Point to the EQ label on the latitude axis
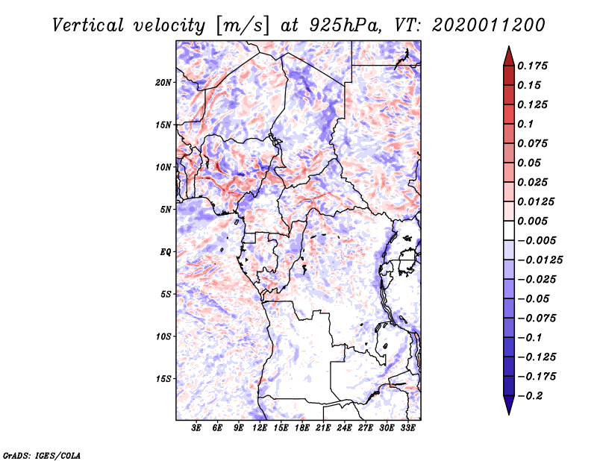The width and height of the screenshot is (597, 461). point(165,252)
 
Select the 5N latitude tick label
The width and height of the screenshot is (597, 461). point(166,210)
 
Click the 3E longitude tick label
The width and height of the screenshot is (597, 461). point(197,428)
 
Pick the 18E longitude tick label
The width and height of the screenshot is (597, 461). point(302,428)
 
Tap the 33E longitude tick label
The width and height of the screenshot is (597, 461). point(407,428)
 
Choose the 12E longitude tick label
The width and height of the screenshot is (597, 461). point(260,428)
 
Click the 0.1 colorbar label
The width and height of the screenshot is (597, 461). point(526,124)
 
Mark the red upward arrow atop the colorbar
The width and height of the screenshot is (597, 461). point(508,55)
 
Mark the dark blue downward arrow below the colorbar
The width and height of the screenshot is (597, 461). point(508,405)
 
